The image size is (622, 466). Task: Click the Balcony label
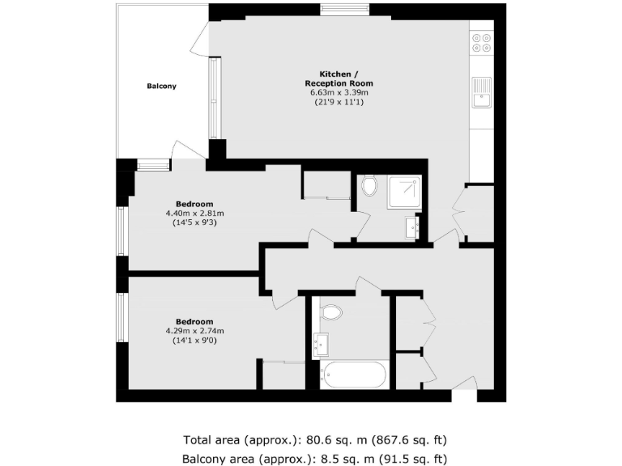pos(161,86)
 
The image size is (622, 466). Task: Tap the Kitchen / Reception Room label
pos(339,78)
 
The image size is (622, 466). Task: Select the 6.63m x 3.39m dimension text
pos(339,93)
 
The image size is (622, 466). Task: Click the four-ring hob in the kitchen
pos(482,41)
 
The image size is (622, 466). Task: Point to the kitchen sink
pos(483,92)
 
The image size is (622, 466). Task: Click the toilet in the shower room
pos(370,187)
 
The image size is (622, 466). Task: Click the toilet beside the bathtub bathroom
pos(331,311)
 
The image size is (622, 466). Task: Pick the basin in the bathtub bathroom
pos(321,345)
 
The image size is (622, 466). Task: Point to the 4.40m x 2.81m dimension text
pos(194,214)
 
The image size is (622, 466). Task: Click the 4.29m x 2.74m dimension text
pos(194,331)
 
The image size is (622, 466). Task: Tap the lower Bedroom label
pos(194,321)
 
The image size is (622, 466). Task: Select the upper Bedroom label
pos(194,204)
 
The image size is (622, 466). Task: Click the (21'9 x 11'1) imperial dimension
pos(339,103)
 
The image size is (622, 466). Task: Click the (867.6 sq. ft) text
pos(409,441)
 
